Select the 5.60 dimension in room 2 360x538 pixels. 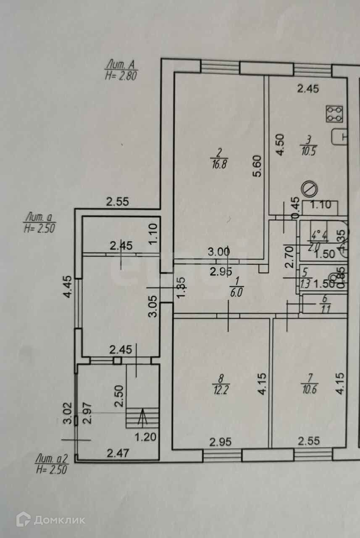(x=258, y=166)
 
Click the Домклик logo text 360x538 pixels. (x=59, y=520)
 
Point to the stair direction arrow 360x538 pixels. (x=143, y=417)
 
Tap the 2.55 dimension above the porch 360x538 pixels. (x=117, y=202)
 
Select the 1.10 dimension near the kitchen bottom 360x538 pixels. (x=323, y=206)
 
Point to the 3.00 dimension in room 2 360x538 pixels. (x=219, y=252)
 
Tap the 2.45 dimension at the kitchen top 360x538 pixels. (x=308, y=88)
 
